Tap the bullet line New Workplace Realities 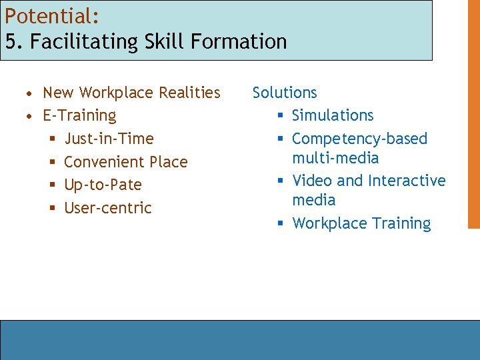click(x=131, y=93)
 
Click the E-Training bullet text click(x=79, y=116)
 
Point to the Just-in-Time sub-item click(x=109, y=139)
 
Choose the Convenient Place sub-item click(x=125, y=162)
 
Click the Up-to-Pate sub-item click(x=103, y=185)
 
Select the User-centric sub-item click(x=107, y=208)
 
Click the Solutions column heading click(x=285, y=93)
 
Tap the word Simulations click(x=333, y=116)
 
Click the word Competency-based click(x=359, y=139)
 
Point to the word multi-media click(x=335, y=158)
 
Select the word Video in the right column click(x=313, y=181)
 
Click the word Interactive click(x=407, y=181)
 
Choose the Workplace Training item click(x=361, y=223)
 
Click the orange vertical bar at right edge click(x=473, y=114)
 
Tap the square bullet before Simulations click(x=281, y=116)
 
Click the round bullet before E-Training click(x=30, y=116)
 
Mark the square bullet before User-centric click(x=53, y=208)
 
